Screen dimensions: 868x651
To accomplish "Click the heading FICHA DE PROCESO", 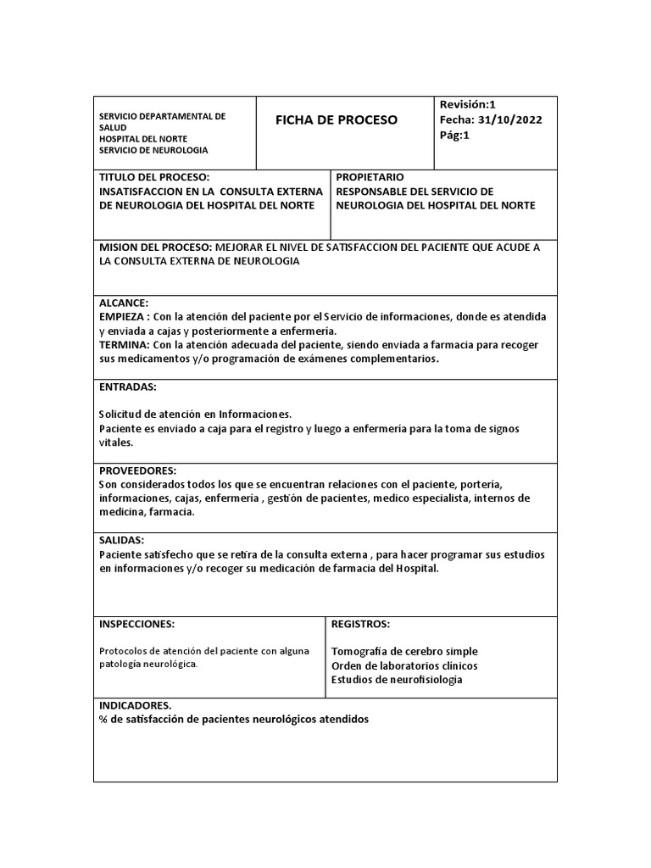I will pyautogui.click(x=336, y=120).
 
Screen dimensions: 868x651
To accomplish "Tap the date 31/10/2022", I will pyautogui.click(x=511, y=119).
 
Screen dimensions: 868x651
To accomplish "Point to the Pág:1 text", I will pyautogui.click(x=455, y=134).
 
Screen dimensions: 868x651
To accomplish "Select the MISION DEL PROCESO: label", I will pyautogui.click(x=156, y=247).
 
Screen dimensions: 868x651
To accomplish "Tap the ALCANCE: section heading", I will pyautogui.click(x=124, y=303).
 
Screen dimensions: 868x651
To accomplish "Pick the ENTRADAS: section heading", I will pyautogui.click(x=128, y=387).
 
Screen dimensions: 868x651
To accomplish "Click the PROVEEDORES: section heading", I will pyautogui.click(x=137, y=470).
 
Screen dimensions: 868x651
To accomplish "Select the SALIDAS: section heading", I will pyautogui.click(x=122, y=540).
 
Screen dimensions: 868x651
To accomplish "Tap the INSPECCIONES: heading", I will pyautogui.click(x=137, y=624).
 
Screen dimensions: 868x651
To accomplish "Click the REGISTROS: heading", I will pyautogui.click(x=360, y=624).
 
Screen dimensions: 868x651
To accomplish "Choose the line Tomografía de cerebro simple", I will pyautogui.click(x=404, y=651).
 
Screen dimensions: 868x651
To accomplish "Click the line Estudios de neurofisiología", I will pyautogui.click(x=397, y=680).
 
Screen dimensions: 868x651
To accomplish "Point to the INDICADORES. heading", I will pyautogui.click(x=136, y=705).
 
